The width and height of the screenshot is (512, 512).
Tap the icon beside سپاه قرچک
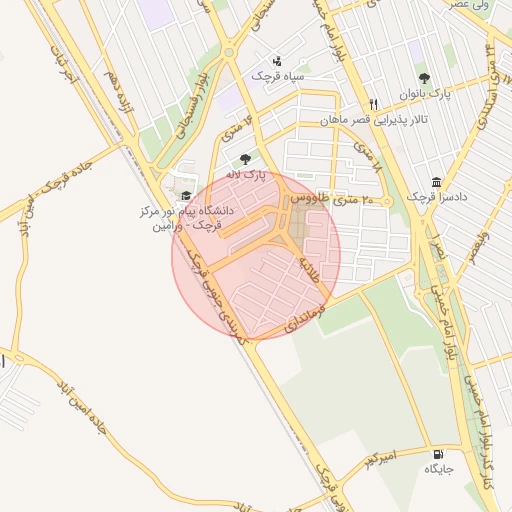pos(277,60)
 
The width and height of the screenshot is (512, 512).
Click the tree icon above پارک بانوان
pos(425,78)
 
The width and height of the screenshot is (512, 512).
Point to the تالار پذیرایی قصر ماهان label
pos(375,119)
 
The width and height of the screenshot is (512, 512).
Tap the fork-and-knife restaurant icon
pos(374,104)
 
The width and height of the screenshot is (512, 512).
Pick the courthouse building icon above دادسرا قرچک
pos(436,182)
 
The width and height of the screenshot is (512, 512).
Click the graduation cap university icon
pos(185,195)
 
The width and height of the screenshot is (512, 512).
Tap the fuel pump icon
pos(436,453)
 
